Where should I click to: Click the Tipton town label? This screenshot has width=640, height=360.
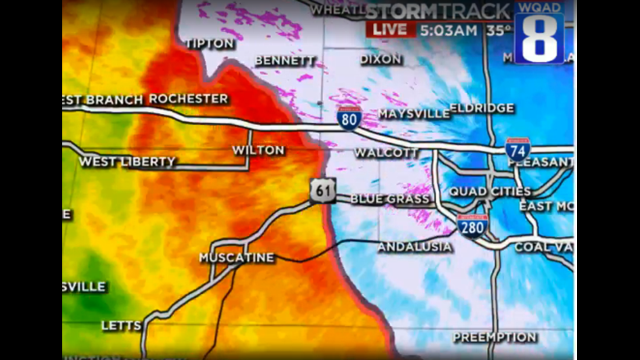pos(209,43)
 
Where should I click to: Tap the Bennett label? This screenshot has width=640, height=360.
pos(285,61)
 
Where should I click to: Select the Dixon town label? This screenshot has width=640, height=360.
pos(381,59)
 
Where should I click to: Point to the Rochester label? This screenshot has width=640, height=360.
pos(189,99)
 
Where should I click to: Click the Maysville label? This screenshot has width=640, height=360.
pos(414,114)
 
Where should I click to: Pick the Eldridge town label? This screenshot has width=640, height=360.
pos(482,108)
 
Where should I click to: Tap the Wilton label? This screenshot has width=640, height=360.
pos(258,151)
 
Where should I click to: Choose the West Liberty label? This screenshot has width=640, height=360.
pos(127,162)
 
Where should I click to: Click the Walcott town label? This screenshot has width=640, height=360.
pos(386,153)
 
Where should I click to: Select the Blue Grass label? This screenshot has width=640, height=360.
pos(390,199)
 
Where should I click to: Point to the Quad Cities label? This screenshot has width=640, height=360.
pos(490,192)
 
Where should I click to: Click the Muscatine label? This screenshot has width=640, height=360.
pos(236,258)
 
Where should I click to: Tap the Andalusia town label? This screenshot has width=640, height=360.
pos(414,247)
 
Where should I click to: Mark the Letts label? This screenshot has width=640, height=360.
pos(121,326)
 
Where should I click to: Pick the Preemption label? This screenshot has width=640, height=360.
pos(495,338)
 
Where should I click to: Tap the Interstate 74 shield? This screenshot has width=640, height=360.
pos(517,149)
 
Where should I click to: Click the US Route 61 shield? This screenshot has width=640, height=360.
pos(323,191)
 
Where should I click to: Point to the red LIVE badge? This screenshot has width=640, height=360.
pos(390,30)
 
